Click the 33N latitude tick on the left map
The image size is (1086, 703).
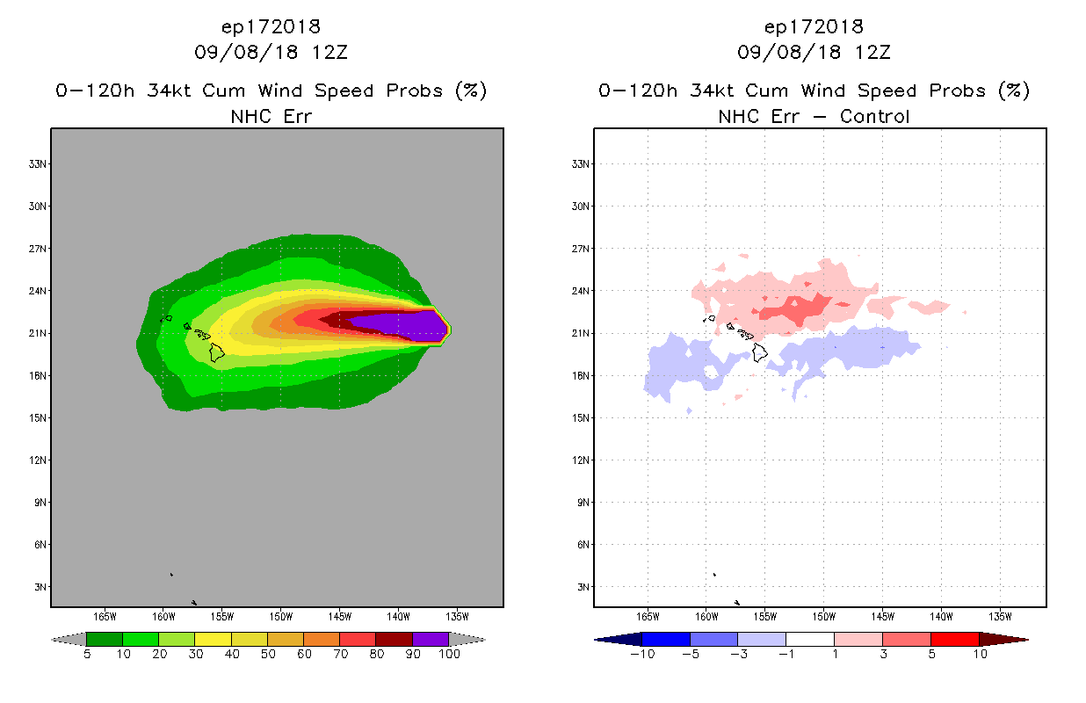pos(40,164)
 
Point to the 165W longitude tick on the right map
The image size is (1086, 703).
pos(648,616)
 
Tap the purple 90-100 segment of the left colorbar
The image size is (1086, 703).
pos(431,639)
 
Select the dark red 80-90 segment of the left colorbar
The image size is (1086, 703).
pos(394,639)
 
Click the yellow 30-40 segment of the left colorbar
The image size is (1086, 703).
pos(213,639)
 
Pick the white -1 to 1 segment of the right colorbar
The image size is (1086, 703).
pos(809,639)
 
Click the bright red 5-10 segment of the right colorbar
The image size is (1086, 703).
pos(954,639)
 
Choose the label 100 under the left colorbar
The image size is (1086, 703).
pos(449,655)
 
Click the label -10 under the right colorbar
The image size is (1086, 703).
pos(642,655)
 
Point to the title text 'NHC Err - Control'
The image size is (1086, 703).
pos(814,116)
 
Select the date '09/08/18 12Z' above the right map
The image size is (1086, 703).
pos(814,53)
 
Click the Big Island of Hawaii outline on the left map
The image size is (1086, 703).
pos(217,352)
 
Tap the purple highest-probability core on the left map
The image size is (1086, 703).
pos(404,325)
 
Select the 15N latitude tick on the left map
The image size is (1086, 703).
pos(40,418)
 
